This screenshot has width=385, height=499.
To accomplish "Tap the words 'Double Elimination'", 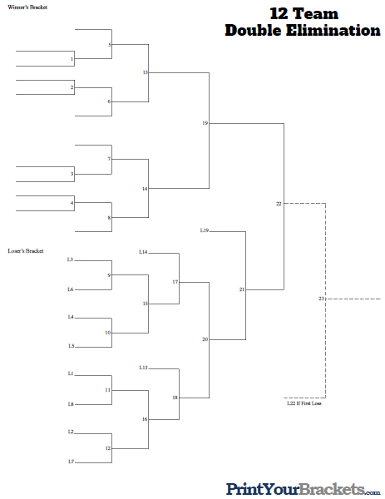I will point(302,31).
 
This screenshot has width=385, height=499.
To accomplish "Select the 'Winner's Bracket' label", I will point(27,7).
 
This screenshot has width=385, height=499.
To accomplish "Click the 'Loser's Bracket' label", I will point(25,250).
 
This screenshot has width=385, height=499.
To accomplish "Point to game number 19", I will point(205,123).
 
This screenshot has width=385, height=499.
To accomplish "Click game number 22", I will point(279,203).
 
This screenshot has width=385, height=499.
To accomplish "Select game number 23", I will point(321,298).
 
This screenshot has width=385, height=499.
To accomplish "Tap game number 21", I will point(241,289).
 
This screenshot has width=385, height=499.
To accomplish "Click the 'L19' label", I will point(205,230).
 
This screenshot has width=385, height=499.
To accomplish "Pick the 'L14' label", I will point(143,252).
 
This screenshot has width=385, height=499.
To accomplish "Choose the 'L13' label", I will point(143,367).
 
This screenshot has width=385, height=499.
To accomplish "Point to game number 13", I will point(145,73).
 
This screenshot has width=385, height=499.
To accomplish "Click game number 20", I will point(205,339).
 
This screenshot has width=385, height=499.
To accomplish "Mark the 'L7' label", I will point(71,461).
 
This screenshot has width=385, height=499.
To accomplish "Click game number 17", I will point(175,282).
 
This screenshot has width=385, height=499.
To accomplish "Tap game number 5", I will point(109,44).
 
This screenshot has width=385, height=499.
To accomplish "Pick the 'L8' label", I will point(71,404).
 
